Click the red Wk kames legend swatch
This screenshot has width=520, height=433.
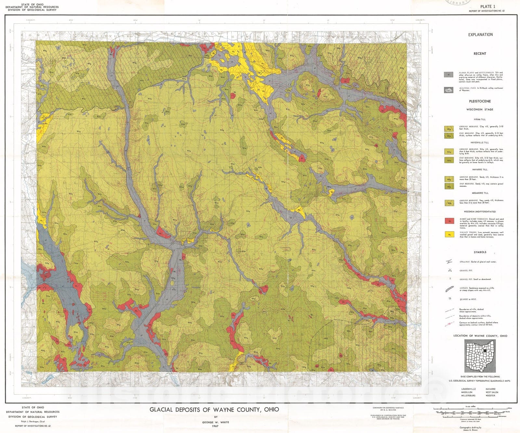449,221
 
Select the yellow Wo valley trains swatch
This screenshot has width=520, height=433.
449,234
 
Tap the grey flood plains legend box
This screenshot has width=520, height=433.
448,75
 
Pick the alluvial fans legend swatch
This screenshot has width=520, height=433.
448,90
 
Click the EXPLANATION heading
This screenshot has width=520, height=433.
480,35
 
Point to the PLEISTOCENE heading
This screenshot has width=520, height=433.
480,101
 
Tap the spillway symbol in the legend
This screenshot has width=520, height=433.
449,262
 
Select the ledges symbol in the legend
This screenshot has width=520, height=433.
449,289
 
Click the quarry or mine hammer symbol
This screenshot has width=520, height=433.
449,299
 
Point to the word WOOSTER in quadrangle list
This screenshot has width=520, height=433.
490,396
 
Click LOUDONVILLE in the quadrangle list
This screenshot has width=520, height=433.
468,389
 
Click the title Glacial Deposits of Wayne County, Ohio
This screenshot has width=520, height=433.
214,410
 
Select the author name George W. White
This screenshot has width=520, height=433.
216,422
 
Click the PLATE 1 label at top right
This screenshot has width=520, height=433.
488,6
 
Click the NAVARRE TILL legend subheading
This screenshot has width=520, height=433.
480,169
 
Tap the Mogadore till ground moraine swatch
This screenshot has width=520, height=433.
449,203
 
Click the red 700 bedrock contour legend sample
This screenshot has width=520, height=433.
449,324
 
